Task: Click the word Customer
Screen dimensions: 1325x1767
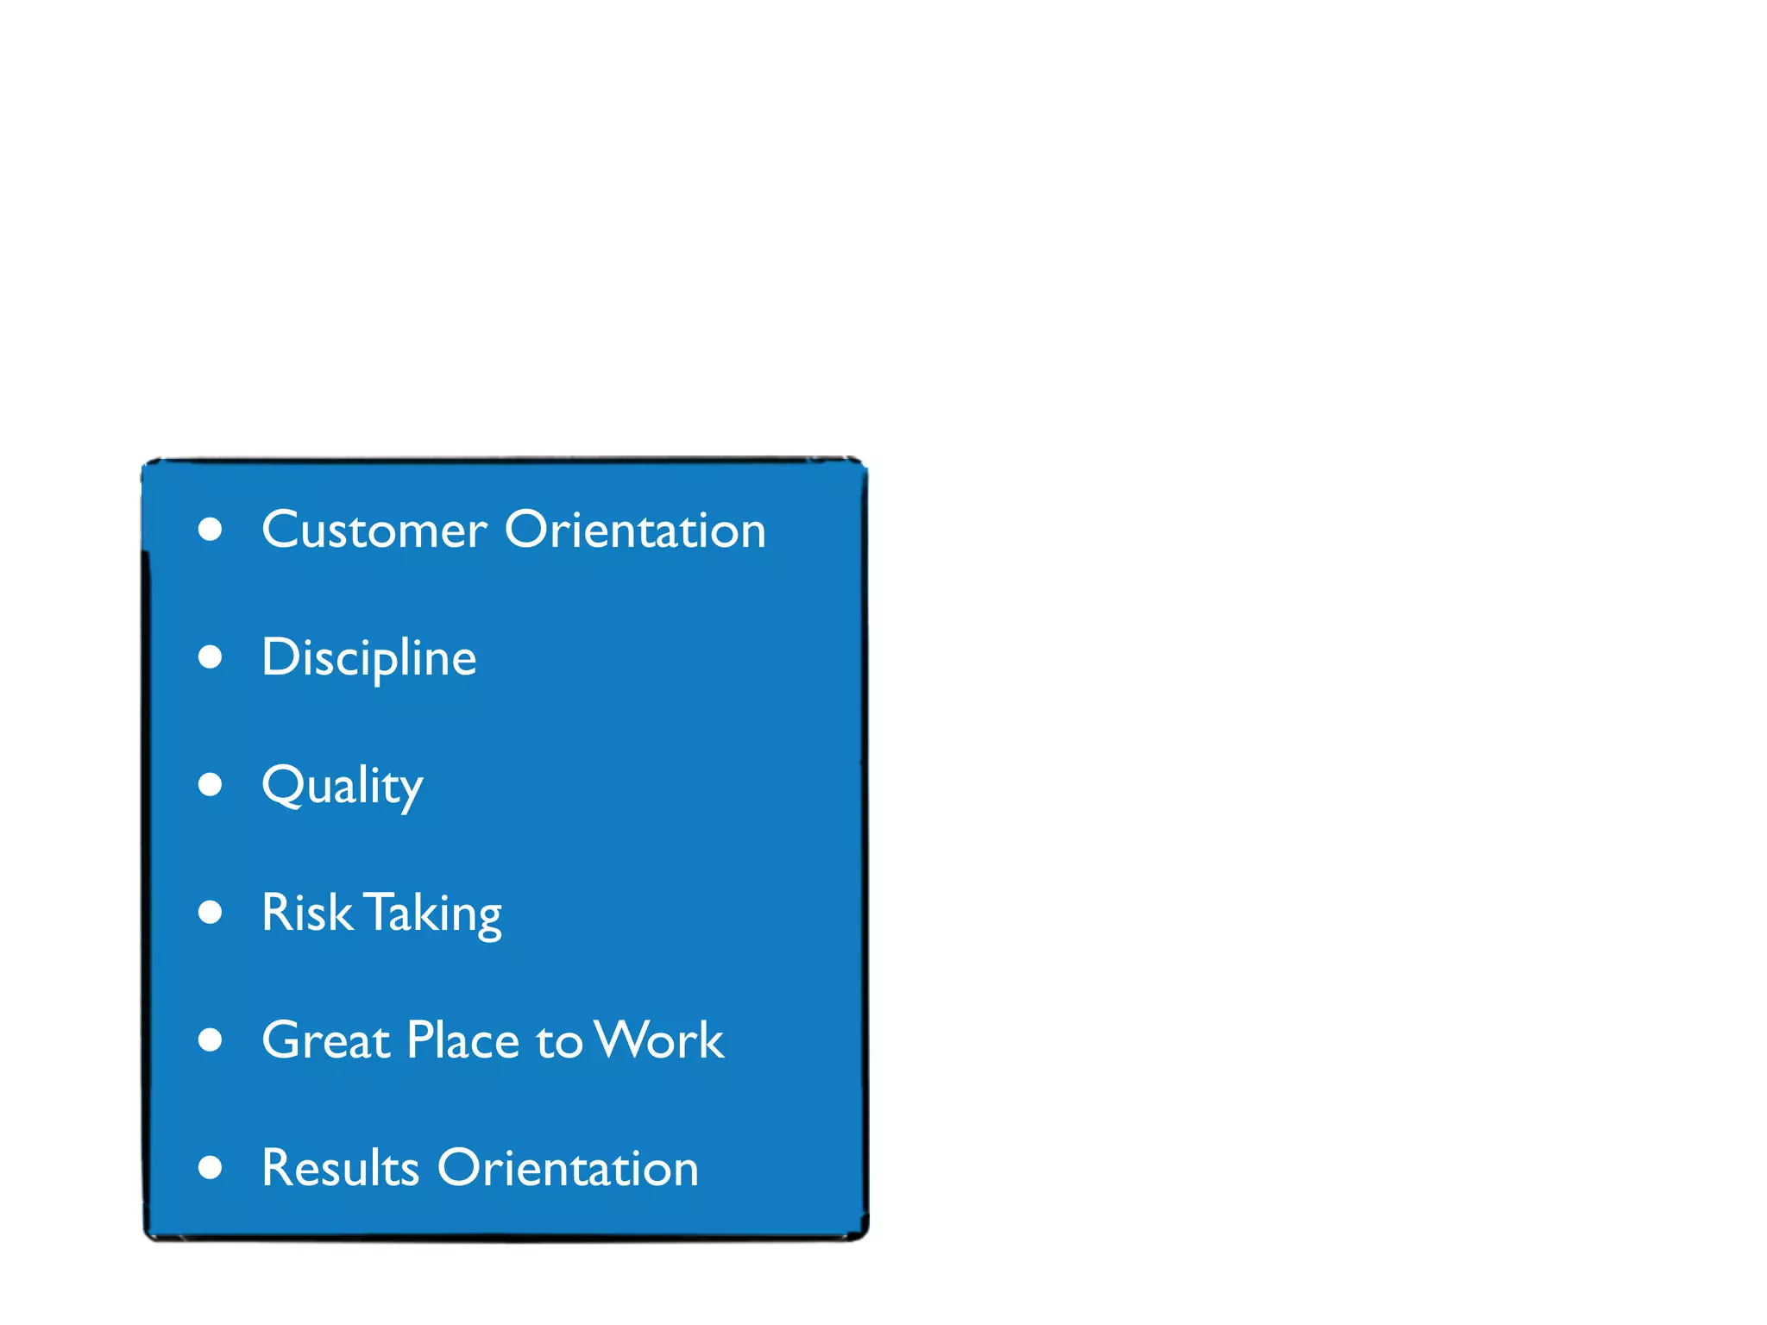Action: coord(374,530)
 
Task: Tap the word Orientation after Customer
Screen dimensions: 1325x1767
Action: coord(635,530)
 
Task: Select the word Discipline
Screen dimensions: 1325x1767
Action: coord(368,658)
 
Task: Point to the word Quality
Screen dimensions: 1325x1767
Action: coord(342,786)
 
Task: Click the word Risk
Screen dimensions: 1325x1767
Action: coord(306,913)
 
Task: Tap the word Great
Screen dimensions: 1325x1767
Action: coord(325,1040)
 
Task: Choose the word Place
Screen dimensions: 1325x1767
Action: coord(462,1040)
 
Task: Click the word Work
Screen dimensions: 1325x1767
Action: coord(660,1040)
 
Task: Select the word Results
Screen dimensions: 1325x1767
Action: coord(340,1168)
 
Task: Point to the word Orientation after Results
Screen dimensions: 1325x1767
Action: coord(568,1168)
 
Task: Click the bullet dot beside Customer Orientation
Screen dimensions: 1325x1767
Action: coord(210,529)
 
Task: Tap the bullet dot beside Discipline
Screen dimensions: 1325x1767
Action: coord(210,657)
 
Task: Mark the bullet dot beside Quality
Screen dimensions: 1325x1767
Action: coord(210,784)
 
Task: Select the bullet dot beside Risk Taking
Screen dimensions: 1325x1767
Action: coord(210,912)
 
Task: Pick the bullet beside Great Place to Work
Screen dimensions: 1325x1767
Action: coord(210,1039)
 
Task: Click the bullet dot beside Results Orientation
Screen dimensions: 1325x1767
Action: coord(210,1167)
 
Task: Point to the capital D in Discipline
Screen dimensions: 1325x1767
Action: coord(280,657)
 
